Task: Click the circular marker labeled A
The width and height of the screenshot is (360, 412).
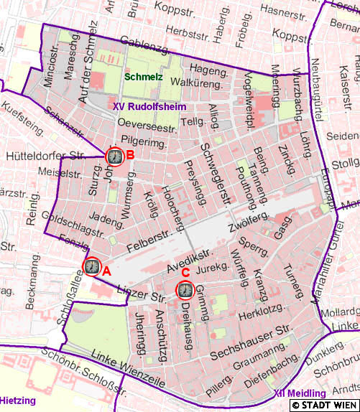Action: tap(92, 266)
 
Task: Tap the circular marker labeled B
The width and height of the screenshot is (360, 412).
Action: tap(114, 156)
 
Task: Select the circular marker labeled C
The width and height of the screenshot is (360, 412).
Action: tap(185, 290)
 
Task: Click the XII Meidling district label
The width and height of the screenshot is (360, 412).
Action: tap(300, 393)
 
